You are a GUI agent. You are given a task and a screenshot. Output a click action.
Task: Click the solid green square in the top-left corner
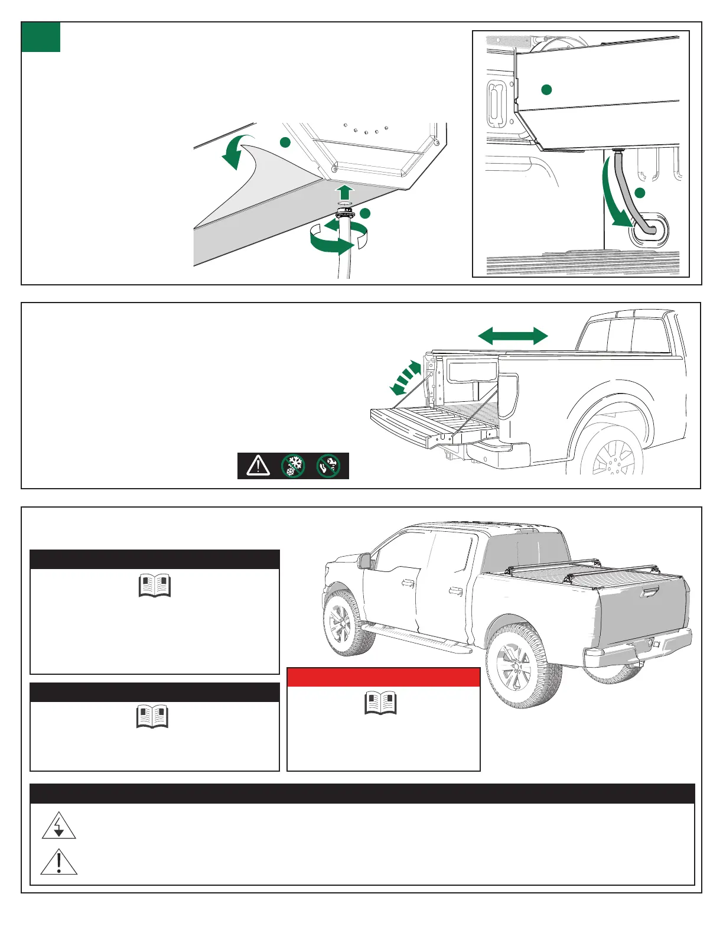pyautogui.click(x=41, y=37)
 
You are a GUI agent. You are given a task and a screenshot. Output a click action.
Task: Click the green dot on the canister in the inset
pyautogui.click(x=546, y=90)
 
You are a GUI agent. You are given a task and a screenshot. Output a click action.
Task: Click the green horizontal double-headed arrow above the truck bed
pyautogui.click(x=513, y=336)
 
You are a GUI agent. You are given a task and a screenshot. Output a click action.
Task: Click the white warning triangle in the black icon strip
pyautogui.click(x=258, y=466)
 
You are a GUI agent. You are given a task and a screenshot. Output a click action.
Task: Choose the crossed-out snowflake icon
pyautogui.click(x=293, y=466)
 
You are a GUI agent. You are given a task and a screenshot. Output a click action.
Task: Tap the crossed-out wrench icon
pyautogui.click(x=328, y=466)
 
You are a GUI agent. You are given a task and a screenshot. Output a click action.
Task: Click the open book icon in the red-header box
pyautogui.click(x=381, y=703)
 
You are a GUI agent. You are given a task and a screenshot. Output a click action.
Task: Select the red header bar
pyautogui.click(x=383, y=677)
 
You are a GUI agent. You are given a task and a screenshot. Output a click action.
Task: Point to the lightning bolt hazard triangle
pyautogui.click(x=59, y=826)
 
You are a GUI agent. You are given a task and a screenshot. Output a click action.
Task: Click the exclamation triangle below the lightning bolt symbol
pyautogui.click(x=59, y=863)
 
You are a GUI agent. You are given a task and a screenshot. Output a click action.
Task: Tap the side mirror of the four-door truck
pyautogui.click(x=366, y=561)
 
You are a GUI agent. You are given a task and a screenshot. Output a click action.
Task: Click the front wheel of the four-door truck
pyautogui.click(x=341, y=624)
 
